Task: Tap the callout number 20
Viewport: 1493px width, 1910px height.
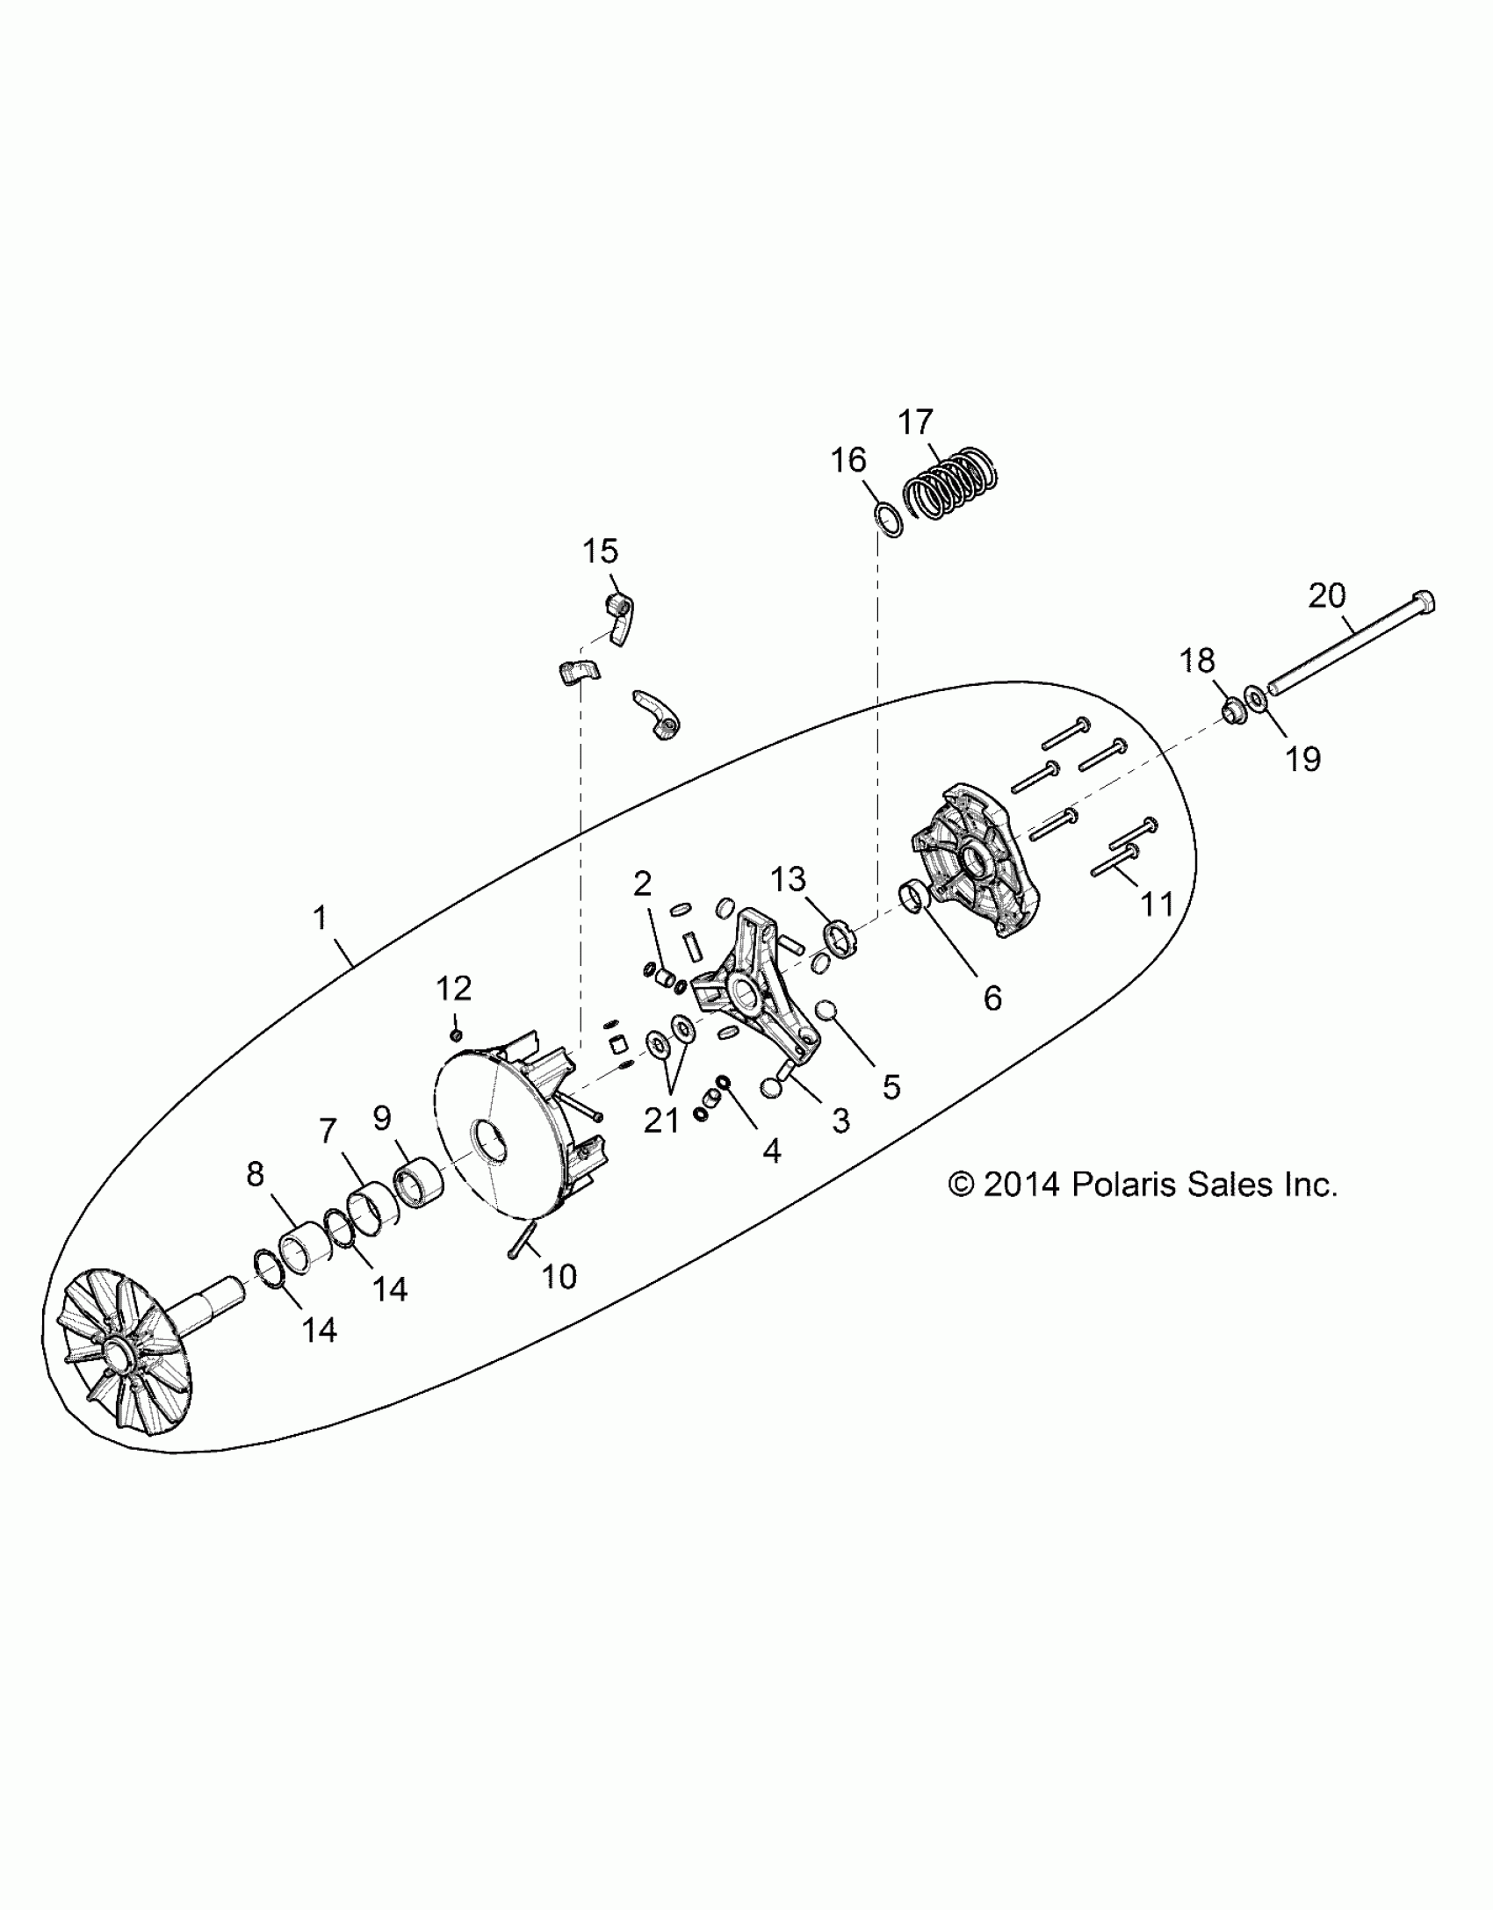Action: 1327,596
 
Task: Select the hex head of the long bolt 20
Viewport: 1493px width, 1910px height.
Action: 1424,604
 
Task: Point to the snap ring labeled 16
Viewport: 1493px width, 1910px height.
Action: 889,520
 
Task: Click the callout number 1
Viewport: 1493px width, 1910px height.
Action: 321,919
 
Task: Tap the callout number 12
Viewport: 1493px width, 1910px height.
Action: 454,988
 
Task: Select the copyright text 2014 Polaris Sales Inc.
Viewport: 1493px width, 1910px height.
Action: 1143,1185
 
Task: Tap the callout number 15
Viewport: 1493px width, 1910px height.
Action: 601,551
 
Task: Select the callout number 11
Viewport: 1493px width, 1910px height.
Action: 1158,904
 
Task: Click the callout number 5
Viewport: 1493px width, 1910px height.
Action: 891,1087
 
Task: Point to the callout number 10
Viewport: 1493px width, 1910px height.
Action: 559,1276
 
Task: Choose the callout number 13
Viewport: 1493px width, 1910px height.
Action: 788,878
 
